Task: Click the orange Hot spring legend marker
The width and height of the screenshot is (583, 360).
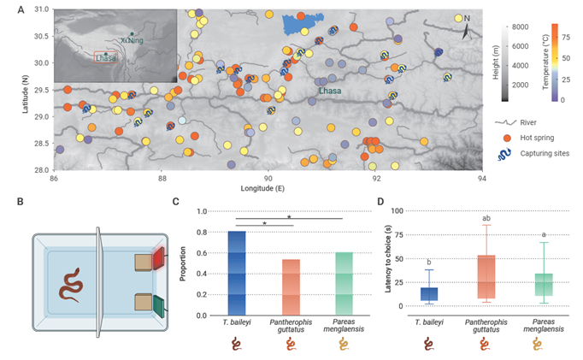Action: (x=508, y=137)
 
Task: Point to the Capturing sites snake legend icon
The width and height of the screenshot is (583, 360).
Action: (x=508, y=154)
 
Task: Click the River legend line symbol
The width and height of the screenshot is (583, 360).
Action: (x=508, y=122)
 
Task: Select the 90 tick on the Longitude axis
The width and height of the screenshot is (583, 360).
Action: (x=268, y=178)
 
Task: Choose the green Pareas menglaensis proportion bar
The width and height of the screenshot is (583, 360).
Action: (x=344, y=284)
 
